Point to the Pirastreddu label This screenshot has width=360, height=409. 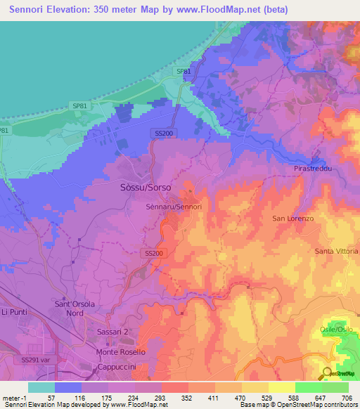pos(312,170)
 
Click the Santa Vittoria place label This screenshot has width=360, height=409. pos(336,251)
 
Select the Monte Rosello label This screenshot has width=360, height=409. pos(121,351)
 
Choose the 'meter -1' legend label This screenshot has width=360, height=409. pos(13,397)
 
